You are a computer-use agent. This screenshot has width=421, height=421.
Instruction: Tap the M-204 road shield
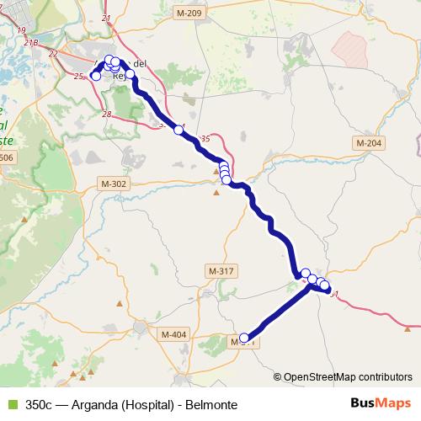tap(369, 143)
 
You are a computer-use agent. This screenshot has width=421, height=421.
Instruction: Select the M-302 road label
tap(113, 184)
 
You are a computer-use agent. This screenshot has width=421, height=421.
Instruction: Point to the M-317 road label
tap(221, 271)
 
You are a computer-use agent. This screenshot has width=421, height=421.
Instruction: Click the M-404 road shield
tap(173, 335)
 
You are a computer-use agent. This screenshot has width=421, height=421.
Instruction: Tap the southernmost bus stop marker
tap(245, 338)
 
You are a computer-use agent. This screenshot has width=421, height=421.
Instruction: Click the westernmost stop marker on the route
tap(95, 76)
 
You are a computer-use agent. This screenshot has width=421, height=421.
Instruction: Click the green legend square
tap(10, 404)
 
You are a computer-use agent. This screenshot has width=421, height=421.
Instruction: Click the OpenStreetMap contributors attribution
tap(348, 376)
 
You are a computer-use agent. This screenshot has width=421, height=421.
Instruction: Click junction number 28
tap(106, 114)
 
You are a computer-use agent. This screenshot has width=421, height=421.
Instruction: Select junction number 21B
tap(32, 41)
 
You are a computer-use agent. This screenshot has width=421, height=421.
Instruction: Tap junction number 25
tap(79, 77)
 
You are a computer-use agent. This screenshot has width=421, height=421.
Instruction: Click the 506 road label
tap(8, 157)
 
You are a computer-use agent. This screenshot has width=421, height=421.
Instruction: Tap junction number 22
tap(54, 53)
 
